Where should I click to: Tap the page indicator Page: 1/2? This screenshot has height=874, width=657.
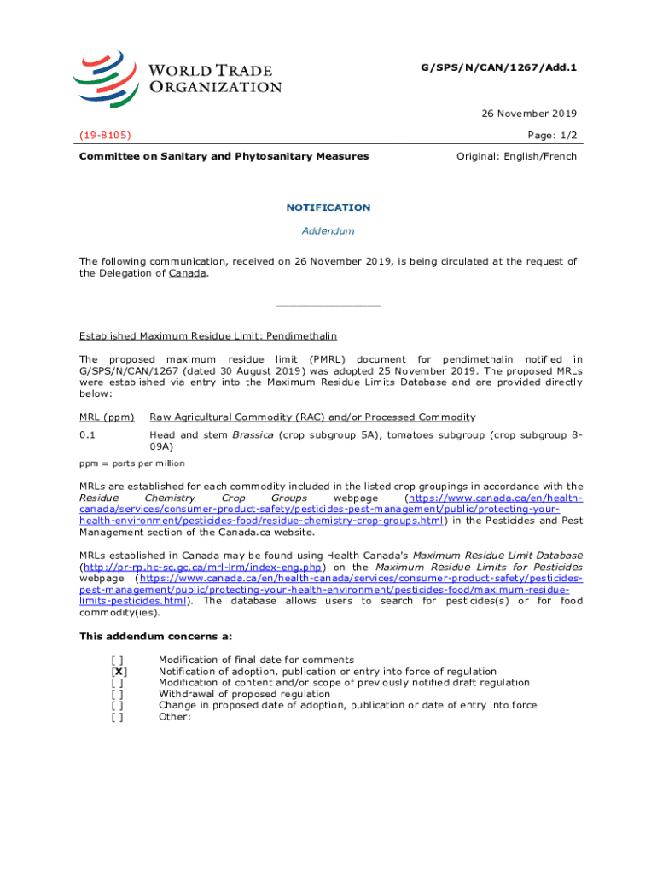[x=551, y=135]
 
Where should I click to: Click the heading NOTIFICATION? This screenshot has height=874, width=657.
[x=328, y=207]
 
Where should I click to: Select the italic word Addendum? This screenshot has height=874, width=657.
[x=328, y=231]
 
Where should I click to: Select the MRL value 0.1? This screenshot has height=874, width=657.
[x=87, y=435]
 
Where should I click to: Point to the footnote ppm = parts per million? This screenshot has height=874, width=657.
[x=131, y=463]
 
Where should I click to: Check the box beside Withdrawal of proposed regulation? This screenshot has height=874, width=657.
[x=117, y=695]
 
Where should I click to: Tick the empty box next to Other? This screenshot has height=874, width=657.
[x=117, y=717]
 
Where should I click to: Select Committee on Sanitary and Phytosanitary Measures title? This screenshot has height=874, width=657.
[x=224, y=156]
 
